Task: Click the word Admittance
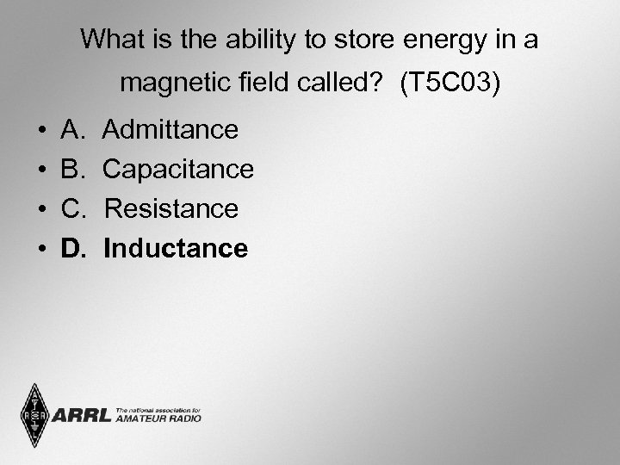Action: (170, 130)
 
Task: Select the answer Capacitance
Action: (178, 170)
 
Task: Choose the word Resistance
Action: (170, 209)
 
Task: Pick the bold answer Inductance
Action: (176, 249)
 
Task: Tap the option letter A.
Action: (71, 130)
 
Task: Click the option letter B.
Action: (71, 170)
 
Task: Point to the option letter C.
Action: (72, 209)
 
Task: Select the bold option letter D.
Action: (72, 249)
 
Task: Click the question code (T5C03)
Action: (449, 84)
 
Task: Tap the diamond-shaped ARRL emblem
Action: (34, 416)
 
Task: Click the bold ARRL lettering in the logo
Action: (81, 416)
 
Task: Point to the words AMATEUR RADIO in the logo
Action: (158, 419)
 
